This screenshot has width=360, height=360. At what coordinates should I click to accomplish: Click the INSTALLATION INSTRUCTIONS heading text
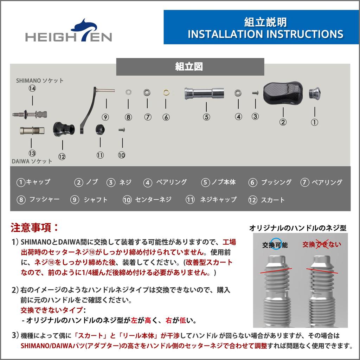[x=265, y=34]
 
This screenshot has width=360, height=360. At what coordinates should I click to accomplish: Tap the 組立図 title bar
[x=190, y=67]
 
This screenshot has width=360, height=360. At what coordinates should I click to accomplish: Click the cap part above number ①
[x=314, y=93]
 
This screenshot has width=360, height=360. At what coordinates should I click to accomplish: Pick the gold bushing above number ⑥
[x=166, y=93]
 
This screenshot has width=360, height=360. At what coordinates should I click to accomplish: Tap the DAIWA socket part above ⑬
[x=32, y=131]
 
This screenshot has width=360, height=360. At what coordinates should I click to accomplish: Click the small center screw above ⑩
[x=122, y=130]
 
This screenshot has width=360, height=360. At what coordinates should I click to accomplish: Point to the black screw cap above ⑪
[x=101, y=129]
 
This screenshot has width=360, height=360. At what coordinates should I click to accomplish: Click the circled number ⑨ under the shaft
[x=105, y=117]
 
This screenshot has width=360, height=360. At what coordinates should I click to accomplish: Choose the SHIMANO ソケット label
[x=40, y=81]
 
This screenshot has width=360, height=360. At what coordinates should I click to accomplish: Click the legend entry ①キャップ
[x=33, y=182]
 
